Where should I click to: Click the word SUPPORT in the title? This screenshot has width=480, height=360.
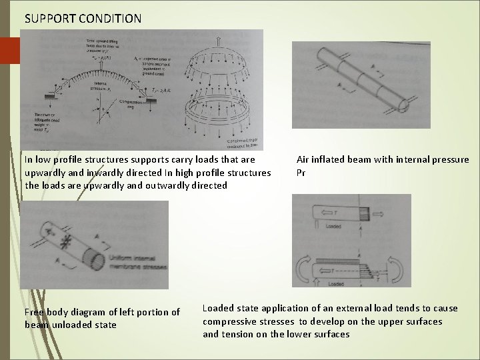pyautogui.click(x=49, y=18)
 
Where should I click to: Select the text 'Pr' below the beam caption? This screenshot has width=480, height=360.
pyautogui.click(x=301, y=172)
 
